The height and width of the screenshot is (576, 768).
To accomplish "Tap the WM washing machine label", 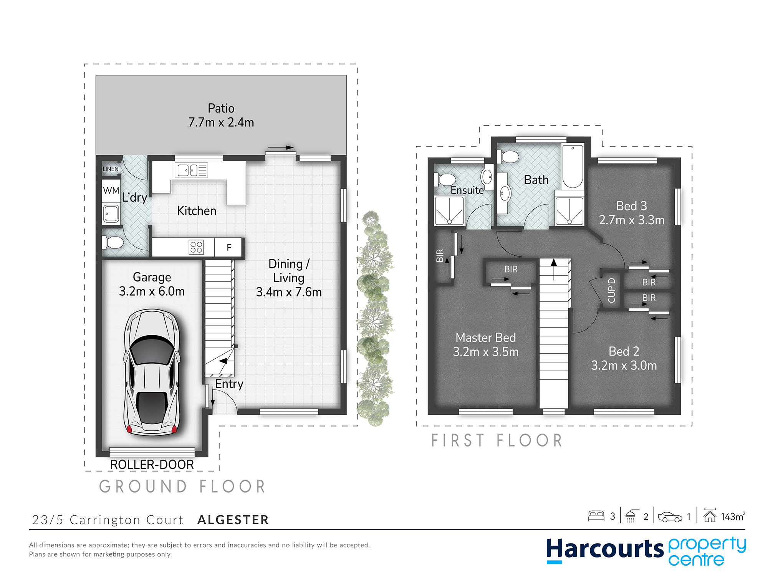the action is [x=111, y=190].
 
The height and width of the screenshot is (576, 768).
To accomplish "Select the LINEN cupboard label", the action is [x=111, y=169].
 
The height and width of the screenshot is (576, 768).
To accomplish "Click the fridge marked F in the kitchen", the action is [x=229, y=247].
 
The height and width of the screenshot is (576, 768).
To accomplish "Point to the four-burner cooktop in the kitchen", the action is [x=196, y=247].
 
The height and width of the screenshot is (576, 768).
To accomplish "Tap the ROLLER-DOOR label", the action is [x=152, y=465].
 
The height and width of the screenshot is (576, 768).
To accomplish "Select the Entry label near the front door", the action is [x=229, y=384].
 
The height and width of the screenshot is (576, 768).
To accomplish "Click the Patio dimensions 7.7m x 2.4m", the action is [x=221, y=122].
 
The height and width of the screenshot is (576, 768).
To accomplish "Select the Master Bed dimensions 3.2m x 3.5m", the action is [x=486, y=352].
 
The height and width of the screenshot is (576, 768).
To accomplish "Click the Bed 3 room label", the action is [x=632, y=206].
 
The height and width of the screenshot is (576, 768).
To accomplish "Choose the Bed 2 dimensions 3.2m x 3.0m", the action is [x=624, y=365].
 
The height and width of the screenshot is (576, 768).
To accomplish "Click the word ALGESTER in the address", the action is [x=233, y=520].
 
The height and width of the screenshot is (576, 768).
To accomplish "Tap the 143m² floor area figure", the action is [x=733, y=516].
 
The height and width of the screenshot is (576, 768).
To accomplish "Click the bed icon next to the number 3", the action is [x=596, y=516].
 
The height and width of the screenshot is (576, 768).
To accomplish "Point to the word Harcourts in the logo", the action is [x=605, y=549].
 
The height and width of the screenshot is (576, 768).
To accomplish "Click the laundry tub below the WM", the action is [x=111, y=214].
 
